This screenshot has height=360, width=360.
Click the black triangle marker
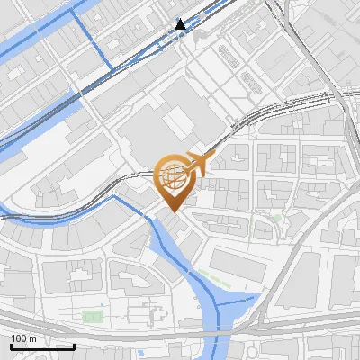181,24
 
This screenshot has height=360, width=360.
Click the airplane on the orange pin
197,164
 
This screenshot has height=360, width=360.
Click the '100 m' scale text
24,338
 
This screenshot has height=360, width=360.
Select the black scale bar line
42,346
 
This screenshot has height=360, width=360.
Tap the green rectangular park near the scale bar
92,316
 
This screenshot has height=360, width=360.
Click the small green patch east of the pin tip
276,219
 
